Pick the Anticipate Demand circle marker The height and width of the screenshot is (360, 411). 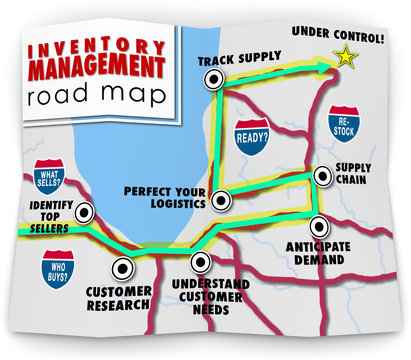[x=318, y=226]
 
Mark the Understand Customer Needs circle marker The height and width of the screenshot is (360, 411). [x=201, y=262]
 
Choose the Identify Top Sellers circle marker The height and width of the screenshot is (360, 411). [x=86, y=212]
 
